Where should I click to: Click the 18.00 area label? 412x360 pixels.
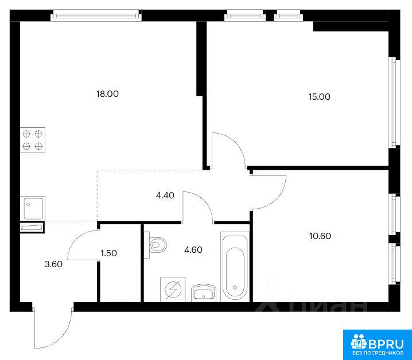point(107,94)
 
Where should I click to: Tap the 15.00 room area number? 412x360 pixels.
point(319,97)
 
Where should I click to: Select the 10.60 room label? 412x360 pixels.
point(320,236)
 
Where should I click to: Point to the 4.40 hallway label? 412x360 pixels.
point(165,195)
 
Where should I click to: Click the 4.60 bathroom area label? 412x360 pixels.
point(193,250)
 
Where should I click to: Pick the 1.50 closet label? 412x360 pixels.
point(109,253)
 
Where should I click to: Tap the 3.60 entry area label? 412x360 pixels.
point(53,264)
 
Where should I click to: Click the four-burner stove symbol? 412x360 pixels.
point(33,140)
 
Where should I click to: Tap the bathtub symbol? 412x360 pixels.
point(235,266)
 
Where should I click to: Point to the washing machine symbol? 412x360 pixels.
point(173,289)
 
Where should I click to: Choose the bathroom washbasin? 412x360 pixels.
point(204,292)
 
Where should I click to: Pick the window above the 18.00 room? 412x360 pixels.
point(96,15)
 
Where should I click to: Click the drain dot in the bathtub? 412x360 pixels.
point(235,288)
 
